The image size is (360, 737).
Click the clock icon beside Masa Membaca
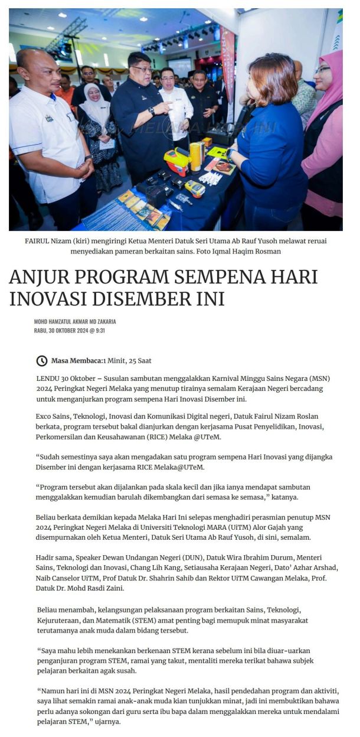[42, 361]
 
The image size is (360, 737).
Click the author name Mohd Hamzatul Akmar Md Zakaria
[75, 321]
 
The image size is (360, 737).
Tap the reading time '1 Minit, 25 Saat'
[128, 361]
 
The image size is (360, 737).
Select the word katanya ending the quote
[286, 497]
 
